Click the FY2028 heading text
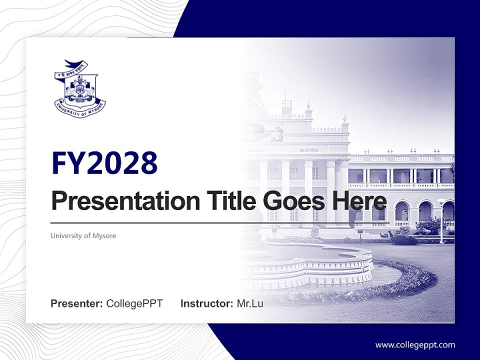point(104,163)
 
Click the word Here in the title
point(357,201)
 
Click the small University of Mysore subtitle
point(83,235)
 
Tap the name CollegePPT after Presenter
point(134,303)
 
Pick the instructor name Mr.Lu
point(250,303)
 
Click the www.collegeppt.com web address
point(415,344)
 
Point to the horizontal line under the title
point(220,223)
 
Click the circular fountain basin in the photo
point(310,262)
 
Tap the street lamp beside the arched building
point(441,220)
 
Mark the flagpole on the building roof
point(285,97)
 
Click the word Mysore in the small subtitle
point(104,235)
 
